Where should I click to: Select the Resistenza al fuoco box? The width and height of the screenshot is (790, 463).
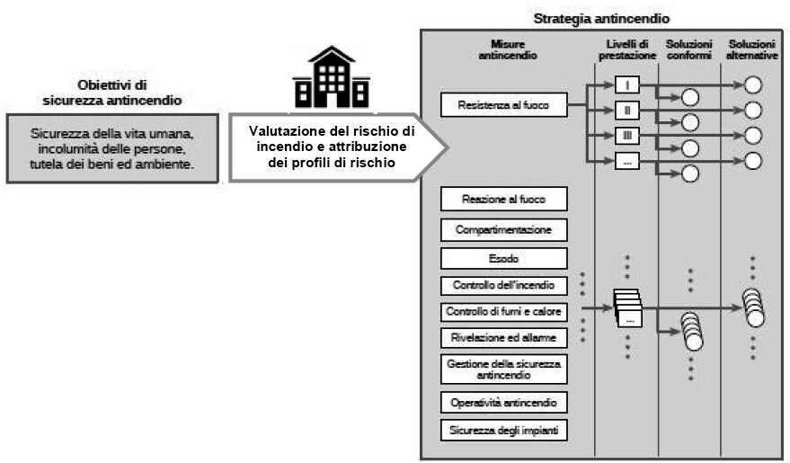click(x=504, y=105)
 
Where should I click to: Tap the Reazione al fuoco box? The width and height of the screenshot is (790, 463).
click(x=504, y=199)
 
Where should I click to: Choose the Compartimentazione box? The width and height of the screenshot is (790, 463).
click(x=504, y=230)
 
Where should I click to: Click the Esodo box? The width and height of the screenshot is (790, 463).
click(x=504, y=258)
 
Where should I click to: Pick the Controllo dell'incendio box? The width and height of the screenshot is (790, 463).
click(x=504, y=286)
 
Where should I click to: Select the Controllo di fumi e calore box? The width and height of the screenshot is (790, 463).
click(x=504, y=312)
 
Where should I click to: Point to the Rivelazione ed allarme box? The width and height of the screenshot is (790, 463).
click(x=504, y=338)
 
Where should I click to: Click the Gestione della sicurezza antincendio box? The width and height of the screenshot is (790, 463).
click(x=504, y=370)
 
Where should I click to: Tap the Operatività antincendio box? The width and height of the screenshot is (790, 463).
click(x=504, y=403)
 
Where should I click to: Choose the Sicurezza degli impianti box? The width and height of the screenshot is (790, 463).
click(x=504, y=431)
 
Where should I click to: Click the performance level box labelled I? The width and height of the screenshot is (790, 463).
click(x=627, y=85)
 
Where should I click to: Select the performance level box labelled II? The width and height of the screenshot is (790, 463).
click(x=627, y=110)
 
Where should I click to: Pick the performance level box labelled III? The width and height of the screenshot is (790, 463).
click(x=627, y=136)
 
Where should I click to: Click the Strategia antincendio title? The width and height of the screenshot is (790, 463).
click(x=601, y=19)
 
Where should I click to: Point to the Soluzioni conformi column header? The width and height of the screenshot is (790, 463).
click(x=689, y=49)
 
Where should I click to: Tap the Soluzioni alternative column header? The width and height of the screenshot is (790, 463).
click(x=752, y=49)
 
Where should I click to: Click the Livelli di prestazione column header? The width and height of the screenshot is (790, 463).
click(x=627, y=49)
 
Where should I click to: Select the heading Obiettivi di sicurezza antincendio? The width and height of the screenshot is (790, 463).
click(x=112, y=93)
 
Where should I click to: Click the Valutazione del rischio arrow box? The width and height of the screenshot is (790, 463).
click(x=338, y=147)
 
